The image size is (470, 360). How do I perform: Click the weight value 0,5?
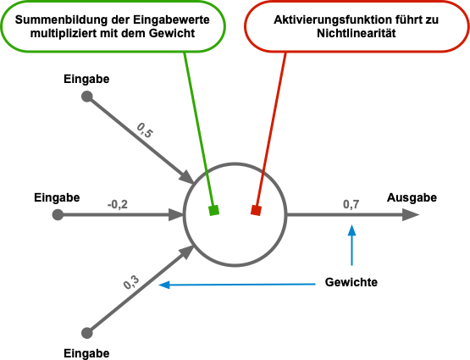[145, 130]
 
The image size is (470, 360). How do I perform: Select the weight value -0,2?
[118, 204]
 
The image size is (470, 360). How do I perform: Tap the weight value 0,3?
[131, 283]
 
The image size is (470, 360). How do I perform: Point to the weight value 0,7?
[351, 204]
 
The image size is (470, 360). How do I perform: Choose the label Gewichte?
[351, 282]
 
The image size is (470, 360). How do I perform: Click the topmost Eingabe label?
[86, 80]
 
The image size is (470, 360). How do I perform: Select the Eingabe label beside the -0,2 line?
[57, 197]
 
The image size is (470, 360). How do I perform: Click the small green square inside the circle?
[214, 210]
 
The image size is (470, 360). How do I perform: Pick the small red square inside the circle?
[255, 210]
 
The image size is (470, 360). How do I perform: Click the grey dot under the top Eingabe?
[86, 97]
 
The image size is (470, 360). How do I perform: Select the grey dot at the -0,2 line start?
[58, 215]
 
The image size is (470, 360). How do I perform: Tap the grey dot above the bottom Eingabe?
[86, 332]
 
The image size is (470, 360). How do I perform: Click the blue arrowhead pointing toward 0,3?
[164, 285]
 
